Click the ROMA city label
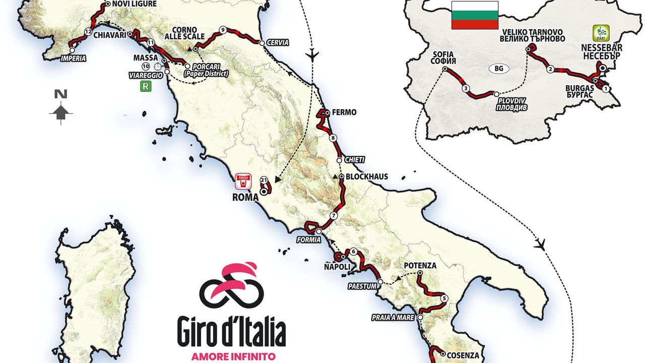[245, 197]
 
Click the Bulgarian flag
[474, 15]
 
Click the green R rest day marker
[146, 86]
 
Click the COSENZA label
[461, 355]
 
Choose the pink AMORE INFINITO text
[233, 356]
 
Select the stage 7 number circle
[333, 216]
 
